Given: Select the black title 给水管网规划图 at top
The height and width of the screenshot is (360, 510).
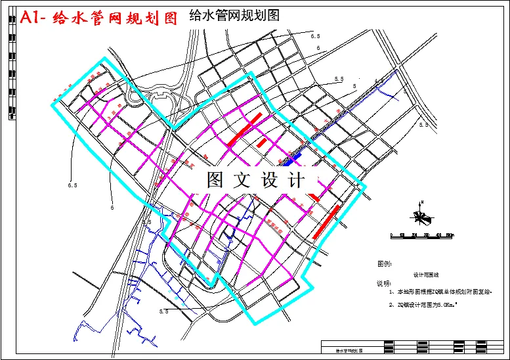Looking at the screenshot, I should click(234, 15).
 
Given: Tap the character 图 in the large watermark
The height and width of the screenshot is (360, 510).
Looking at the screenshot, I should click(216, 180).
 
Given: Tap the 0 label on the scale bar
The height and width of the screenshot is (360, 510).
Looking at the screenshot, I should click(392, 235).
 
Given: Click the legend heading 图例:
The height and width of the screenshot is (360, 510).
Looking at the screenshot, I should click(385, 263).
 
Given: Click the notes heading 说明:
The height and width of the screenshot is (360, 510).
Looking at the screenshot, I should click(383, 284).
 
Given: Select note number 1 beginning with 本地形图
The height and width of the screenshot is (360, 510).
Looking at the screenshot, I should click(440, 290).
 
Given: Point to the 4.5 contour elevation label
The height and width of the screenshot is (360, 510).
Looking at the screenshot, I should click(379, 81).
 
